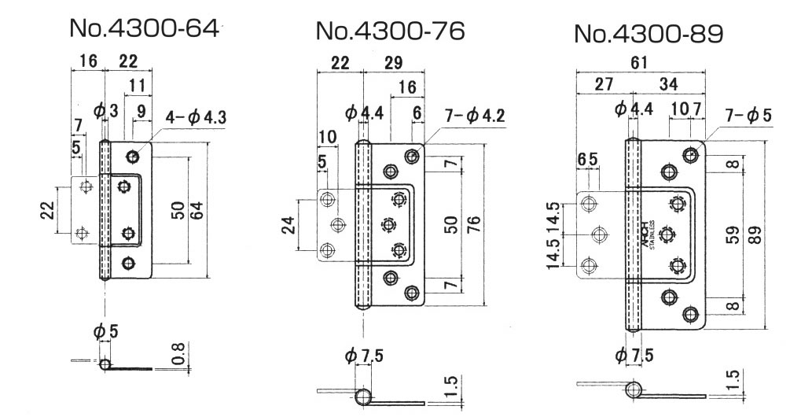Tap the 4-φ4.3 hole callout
point(197,118)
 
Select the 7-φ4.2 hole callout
point(474,117)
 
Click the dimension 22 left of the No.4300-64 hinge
point(50,211)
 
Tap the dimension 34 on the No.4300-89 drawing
point(671,83)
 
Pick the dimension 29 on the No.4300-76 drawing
point(395,64)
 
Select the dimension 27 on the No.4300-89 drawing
point(601,83)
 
